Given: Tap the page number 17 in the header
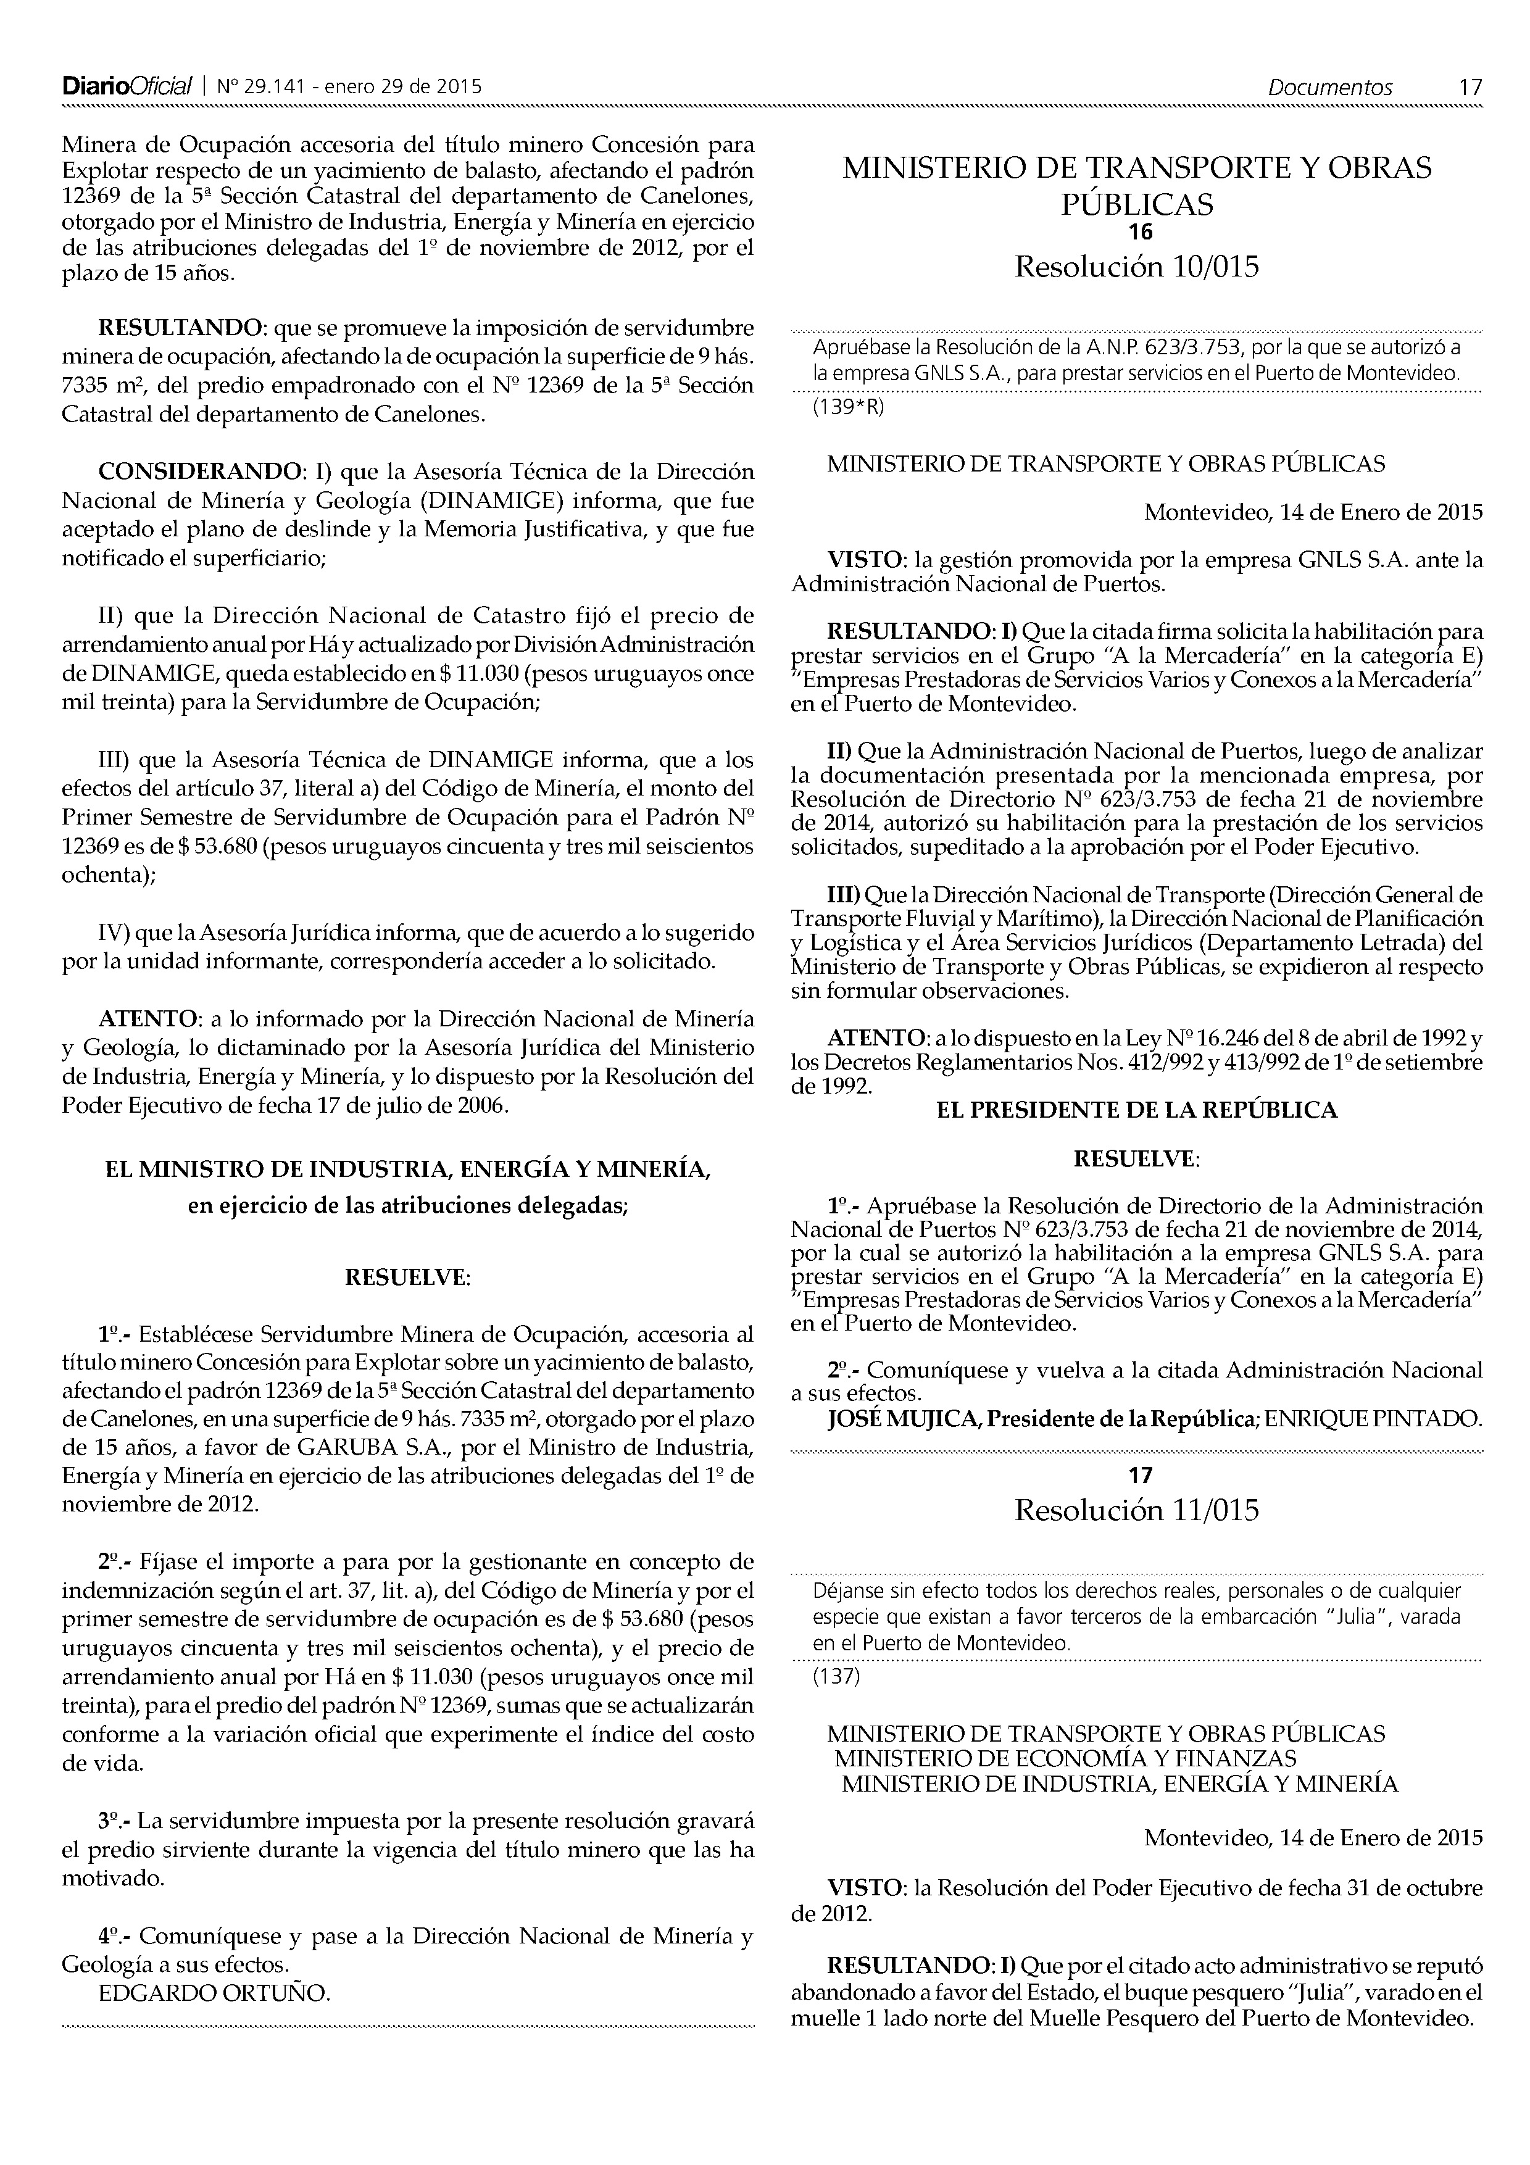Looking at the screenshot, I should (x=1470, y=88).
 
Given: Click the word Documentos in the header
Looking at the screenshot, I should (x=1329, y=88).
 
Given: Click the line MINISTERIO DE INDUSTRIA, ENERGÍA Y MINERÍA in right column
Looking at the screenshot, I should (x=1120, y=1784).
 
